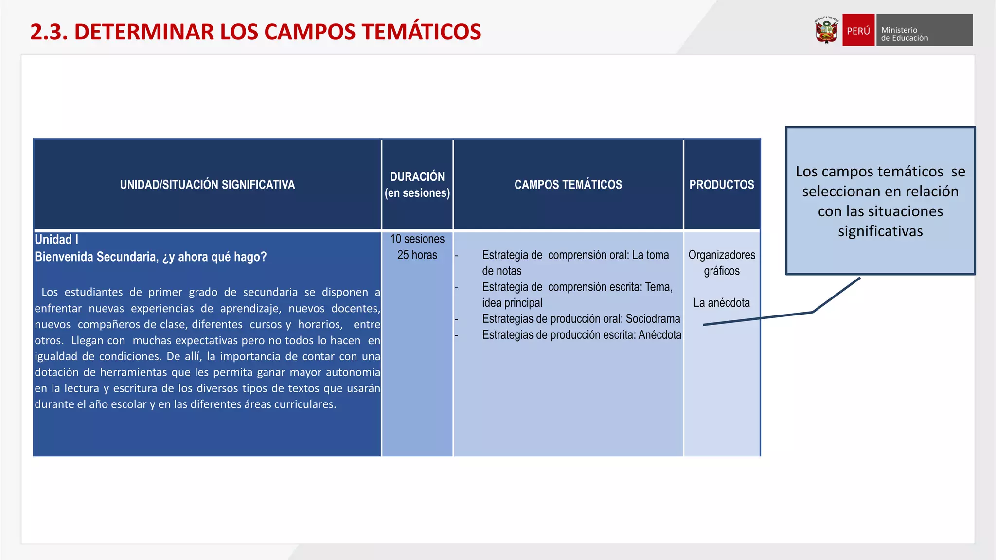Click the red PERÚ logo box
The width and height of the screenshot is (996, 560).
(858, 30)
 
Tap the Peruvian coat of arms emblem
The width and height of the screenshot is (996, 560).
(826, 31)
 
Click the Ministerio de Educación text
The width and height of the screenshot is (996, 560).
(905, 34)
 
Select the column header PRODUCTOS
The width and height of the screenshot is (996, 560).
(721, 185)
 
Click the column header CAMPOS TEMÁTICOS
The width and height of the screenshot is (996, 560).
(568, 185)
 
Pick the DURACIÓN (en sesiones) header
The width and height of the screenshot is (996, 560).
(417, 185)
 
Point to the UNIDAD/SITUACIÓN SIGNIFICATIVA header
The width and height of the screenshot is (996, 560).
(207, 185)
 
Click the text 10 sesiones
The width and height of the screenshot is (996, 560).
(417, 239)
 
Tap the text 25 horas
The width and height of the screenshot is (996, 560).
(417, 255)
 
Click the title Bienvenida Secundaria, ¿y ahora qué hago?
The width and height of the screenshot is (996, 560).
(150, 257)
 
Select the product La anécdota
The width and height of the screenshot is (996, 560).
(721, 303)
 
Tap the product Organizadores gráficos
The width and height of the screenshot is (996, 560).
(721, 263)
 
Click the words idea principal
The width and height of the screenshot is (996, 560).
(512, 303)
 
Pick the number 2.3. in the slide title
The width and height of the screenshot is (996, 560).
(49, 32)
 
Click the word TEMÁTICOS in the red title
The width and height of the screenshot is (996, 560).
(421, 32)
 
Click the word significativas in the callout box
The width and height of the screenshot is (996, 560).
(880, 231)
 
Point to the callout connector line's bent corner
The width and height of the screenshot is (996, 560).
(813, 312)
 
